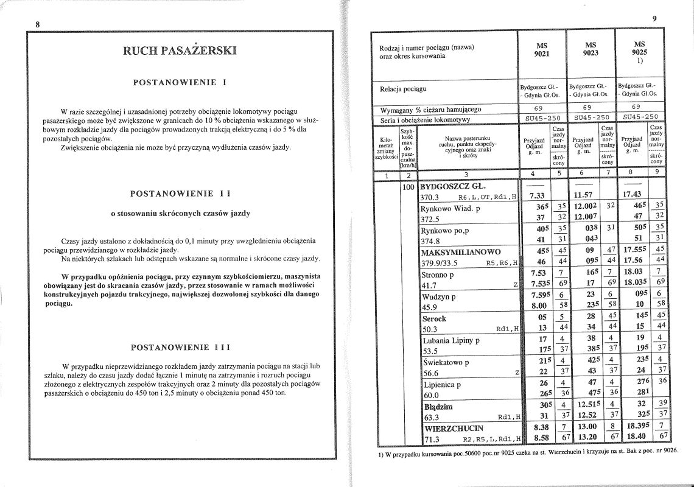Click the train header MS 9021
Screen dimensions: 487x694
coord(541,49)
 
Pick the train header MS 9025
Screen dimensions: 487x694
coord(639,49)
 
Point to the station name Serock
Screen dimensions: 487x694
coord(434,318)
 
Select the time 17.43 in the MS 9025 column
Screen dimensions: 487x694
coord(631,196)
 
